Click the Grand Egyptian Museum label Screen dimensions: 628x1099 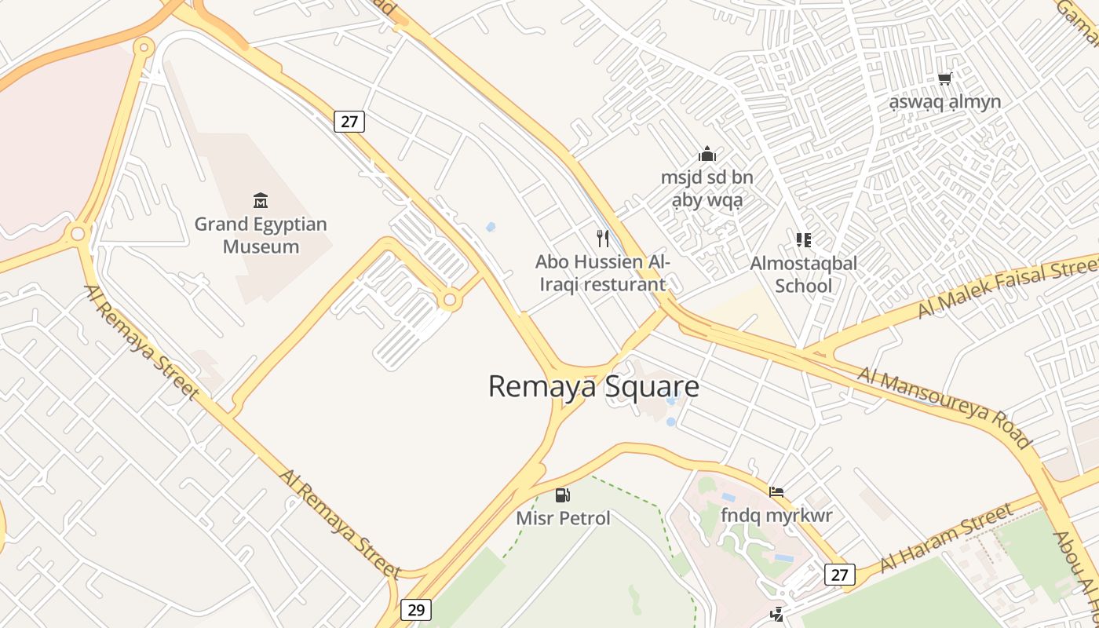(261, 235)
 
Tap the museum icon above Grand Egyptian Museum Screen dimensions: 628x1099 (261, 201)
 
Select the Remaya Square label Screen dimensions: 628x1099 (593, 386)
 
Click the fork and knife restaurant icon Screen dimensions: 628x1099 (603, 239)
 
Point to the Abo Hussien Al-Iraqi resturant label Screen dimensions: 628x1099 (603, 272)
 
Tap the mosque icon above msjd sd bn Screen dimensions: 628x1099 (707, 154)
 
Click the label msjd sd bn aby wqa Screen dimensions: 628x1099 (707, 188)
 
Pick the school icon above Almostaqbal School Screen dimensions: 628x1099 (803, 240)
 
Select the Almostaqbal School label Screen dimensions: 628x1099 (803, 274)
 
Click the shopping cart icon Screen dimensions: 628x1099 (944, 78)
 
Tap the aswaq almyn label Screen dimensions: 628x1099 (944, 101)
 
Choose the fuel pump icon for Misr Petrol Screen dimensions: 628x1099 (562, 495)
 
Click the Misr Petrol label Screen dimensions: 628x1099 (563, 518)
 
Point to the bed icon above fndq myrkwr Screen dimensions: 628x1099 (776, 492)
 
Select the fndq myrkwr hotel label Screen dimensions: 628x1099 (776, 516)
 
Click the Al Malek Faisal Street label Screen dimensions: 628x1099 (1009, 287)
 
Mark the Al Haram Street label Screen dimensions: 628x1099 (945, 539)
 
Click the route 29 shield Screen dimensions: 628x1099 (415, 609)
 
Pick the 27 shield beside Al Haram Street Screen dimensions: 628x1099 (839, 575)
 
